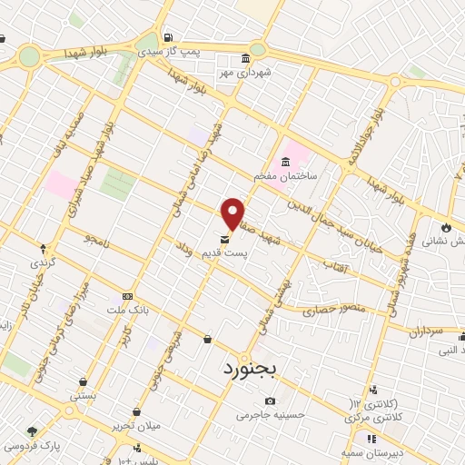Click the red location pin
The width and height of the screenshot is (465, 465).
coord(233,213)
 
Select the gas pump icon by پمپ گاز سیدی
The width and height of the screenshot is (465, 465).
coord(168,36)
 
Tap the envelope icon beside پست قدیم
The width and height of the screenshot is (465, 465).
coord(225,241)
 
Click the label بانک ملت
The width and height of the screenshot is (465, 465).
coord(128,310)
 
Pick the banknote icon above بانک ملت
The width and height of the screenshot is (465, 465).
coord(127,296)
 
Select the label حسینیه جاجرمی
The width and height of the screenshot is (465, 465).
coord(268,416)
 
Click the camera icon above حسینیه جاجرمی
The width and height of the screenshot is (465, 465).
coord(270,401)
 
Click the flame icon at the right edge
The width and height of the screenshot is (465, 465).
coord(446,226)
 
